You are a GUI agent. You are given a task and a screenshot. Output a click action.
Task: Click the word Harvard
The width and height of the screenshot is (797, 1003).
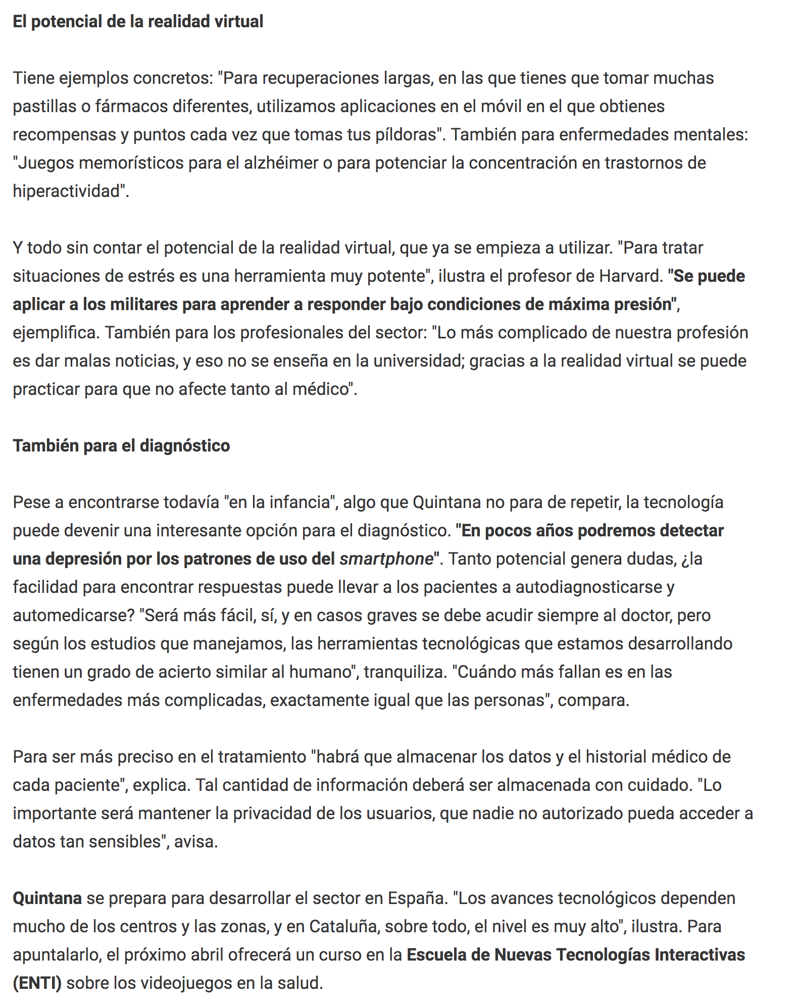click(x=629, y=276)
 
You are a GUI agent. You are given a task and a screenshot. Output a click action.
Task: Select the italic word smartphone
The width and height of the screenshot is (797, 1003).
click(x=386, y=559)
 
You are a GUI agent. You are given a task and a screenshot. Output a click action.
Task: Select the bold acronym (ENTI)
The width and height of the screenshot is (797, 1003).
click(x=37, y=983)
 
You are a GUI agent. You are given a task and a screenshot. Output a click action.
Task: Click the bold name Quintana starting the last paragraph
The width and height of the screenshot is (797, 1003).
click(x=47, y=898)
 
